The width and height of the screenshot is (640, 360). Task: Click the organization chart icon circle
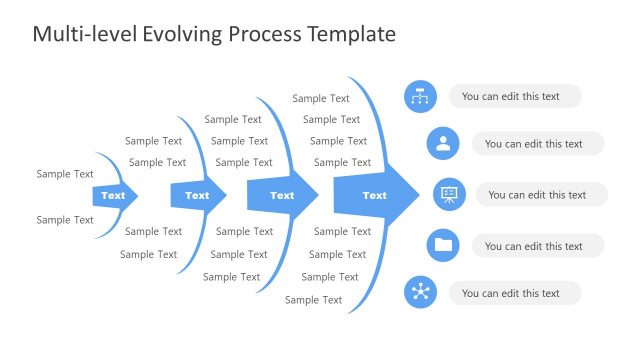tap(420, 97)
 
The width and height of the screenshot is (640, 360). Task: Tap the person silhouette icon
tap(443, 144)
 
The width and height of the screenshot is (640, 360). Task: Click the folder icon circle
tap(443, 245)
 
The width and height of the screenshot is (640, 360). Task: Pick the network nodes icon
tap(420, 293)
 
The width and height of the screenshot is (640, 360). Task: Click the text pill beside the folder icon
tap(538, 246)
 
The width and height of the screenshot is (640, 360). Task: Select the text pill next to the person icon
tap(538, 144)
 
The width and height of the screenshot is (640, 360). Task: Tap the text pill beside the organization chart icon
tap(515, 97)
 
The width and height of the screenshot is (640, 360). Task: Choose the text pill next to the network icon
tap(515, 293)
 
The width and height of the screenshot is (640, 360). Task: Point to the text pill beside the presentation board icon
tap(541, 195)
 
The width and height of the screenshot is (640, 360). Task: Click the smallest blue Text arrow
tap(114, 196)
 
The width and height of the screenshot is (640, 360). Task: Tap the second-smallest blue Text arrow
tap(198, 196)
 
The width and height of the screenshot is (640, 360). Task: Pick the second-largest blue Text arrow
tap(283, 196)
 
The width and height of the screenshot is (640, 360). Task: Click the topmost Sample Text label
tap(321, 98)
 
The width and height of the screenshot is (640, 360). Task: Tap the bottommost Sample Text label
tap(313, 300)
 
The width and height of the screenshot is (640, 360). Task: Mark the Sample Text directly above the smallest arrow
tap(65, 174)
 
